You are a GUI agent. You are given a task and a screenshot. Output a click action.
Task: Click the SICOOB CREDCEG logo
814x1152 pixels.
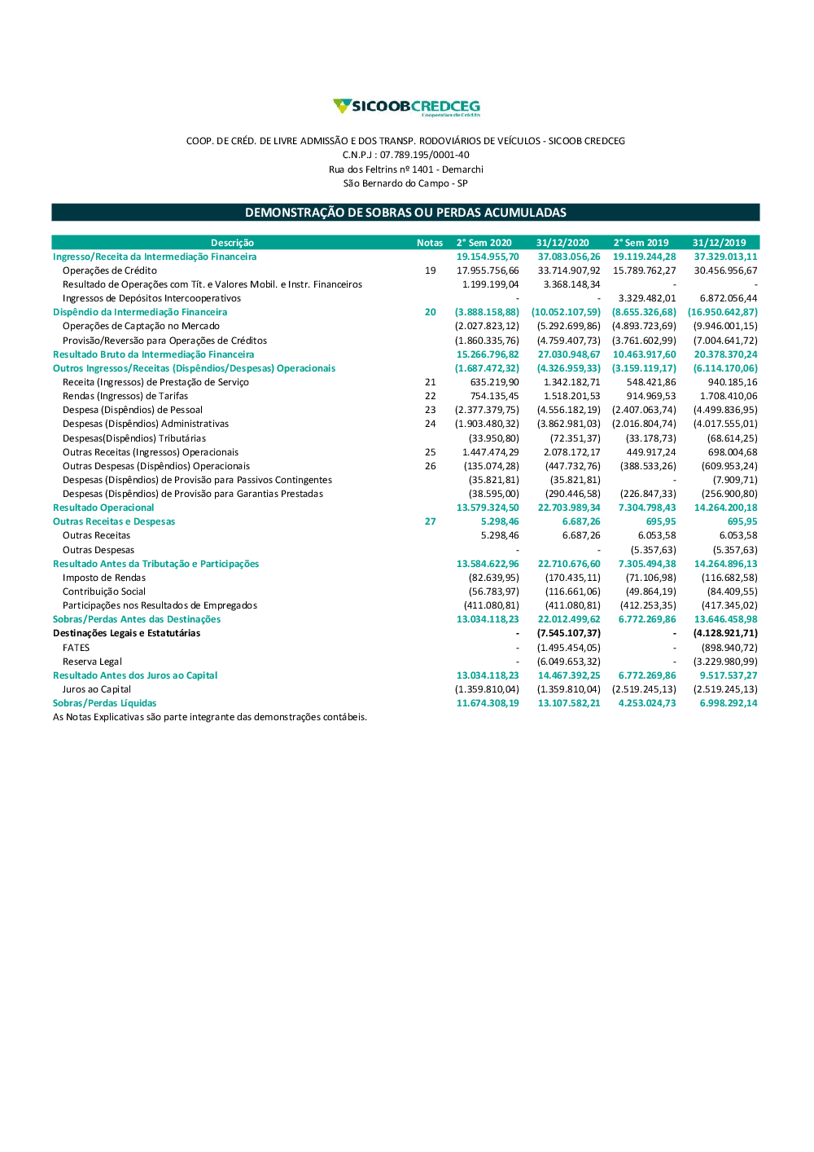point(406,107)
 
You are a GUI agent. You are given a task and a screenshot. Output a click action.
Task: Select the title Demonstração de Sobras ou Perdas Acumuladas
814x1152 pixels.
point(405,213)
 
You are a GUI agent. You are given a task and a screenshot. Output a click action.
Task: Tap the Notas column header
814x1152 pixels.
point(430,243)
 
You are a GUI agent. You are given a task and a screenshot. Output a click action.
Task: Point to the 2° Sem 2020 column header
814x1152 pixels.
point(484,243)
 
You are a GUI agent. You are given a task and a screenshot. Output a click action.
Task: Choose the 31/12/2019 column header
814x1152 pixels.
point(719,243)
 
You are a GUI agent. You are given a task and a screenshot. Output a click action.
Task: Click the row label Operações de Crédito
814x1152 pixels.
point(110,270)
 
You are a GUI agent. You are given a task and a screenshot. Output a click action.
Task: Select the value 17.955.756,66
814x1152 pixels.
point(488,270)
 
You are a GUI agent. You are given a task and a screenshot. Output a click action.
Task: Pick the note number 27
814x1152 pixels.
point(430,521)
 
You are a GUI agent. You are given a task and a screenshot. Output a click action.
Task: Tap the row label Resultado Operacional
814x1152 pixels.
point(103,508)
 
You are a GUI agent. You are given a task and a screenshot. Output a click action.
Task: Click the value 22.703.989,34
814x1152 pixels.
point(569,508)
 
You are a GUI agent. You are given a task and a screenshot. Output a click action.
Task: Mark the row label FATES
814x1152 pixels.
point(77,648)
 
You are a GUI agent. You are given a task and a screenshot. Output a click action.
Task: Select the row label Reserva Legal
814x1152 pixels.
point(92,662)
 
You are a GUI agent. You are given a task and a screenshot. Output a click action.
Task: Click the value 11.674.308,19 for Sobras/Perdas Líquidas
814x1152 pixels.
point(488,703)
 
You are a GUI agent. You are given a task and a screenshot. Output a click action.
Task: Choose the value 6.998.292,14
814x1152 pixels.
point(729,703)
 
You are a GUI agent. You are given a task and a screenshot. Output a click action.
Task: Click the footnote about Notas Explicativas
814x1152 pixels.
point(210,717)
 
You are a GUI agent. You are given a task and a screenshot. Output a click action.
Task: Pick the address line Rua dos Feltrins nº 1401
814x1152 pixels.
point(405,169)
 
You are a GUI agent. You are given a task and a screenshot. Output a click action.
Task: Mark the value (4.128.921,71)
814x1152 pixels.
point(725,633)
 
